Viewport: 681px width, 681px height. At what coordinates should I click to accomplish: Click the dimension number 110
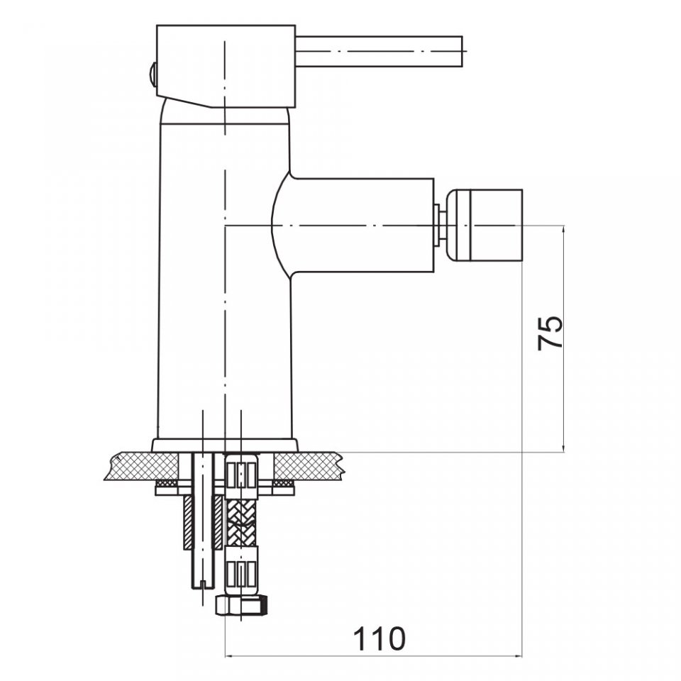click(x=379, y=638)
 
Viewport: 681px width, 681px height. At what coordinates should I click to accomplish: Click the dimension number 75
click(x=550, y=333)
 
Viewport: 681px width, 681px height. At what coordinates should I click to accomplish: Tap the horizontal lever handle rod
click(x=380, y=52)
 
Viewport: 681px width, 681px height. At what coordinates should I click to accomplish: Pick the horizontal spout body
click(x=353, y=226)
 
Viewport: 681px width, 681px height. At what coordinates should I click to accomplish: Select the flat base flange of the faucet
click(x=225, y=445)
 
